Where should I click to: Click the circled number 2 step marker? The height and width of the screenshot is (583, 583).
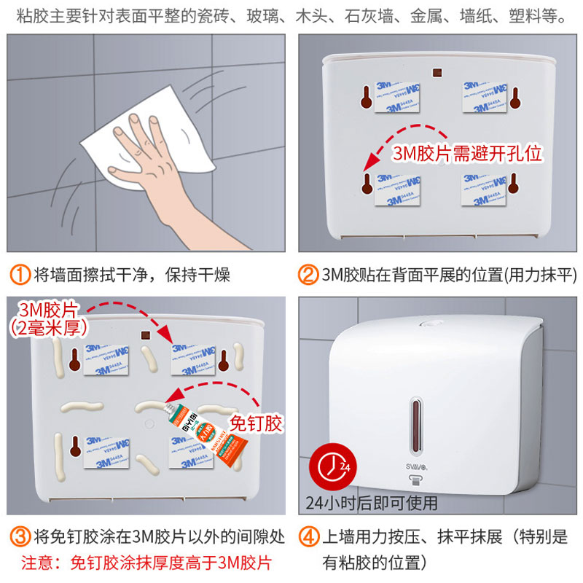(309, 275)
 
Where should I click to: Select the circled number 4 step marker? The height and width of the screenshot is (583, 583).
(309, 538)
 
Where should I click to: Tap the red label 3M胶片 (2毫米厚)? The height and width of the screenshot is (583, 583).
(47, 318)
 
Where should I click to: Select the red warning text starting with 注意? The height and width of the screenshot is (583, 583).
(146, 563)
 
